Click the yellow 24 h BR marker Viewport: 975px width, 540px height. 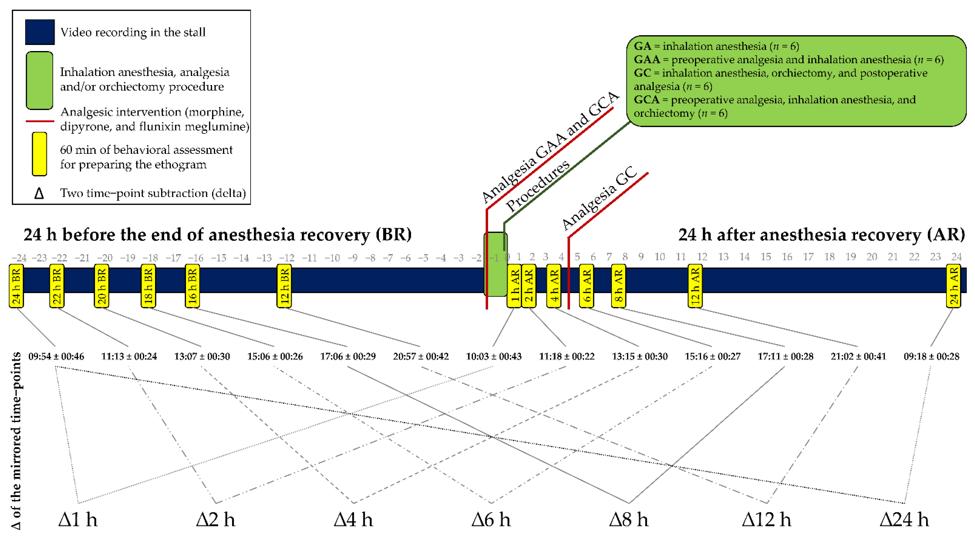[x=16, y=286]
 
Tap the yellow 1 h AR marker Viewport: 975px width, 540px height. [x=514, y=286]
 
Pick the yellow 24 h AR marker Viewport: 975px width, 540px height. [x=953, y=286]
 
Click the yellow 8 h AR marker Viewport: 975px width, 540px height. [x=618, y=286]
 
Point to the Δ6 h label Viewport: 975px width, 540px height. [x=491, y=519]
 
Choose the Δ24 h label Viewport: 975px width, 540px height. [x=904, y=519]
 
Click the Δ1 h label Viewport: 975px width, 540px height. [x=78, y=519]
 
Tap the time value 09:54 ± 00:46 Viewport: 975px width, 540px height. [x=56, y=356]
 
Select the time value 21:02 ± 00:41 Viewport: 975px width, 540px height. [x=858, y=356]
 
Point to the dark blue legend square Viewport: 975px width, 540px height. [x=40, y=32]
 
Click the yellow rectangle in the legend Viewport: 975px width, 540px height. [x=39, y=154]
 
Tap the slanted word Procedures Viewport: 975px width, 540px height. [x=538, y=186]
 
